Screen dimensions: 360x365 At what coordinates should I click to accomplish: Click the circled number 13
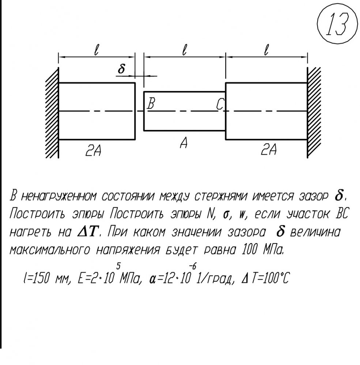click(337, 24)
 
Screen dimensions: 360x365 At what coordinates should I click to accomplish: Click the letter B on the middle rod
click(151, 104)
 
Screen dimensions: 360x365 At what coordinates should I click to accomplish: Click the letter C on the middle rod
click(220, 104)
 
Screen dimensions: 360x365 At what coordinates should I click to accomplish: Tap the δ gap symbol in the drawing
click(121, 69)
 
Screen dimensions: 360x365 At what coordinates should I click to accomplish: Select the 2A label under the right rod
click(269, 149)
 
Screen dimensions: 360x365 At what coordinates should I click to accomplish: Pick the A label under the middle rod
click(184, 143)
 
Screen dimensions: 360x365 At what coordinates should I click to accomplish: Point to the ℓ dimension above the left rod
click(96, 50)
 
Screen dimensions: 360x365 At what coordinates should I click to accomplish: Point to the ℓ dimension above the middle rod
click(185, 50)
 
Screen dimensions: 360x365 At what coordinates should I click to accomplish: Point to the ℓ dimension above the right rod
click(266, 50)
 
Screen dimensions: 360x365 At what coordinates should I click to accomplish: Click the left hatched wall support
click(52, 113)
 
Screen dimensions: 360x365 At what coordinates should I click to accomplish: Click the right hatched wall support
click(314, 113)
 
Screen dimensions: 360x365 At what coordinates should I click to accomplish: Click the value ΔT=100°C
click(265, 278)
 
